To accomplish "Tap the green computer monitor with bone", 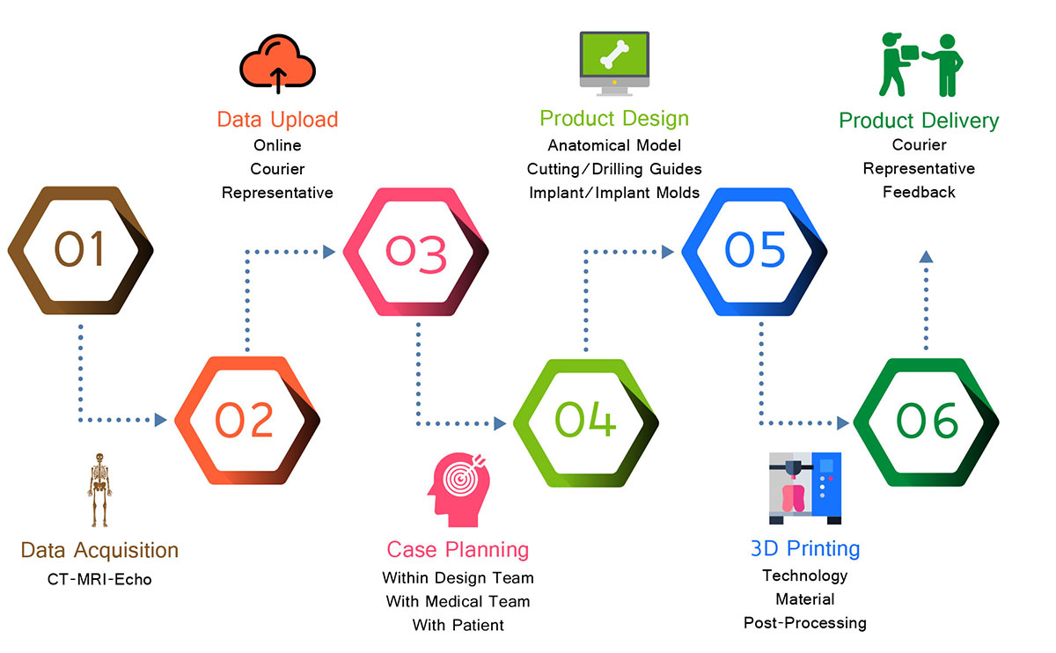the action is [x=614, y=63].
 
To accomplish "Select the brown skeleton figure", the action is [x=99, y=490].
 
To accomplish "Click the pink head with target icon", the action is [x=458, y=490].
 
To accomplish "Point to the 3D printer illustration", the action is [x=805, y=488].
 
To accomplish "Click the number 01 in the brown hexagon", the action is [x=79, y=249].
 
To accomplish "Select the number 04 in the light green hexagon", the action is [x=585, y=419].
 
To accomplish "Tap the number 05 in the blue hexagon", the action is [x=755, y=249].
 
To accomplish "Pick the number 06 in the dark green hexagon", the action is [x=927, y=420].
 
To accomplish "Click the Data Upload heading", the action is [x=278, y=120].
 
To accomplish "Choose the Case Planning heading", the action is [x=458, y=550].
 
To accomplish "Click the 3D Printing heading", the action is [x=805, y=549].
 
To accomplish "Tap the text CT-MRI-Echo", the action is [x=99, y=579].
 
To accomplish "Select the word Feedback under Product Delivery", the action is [x=919, y=192].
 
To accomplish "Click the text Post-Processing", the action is [x=805, y=623].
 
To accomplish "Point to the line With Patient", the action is [x=458, y=625].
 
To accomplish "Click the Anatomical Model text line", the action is [x=614, y=145].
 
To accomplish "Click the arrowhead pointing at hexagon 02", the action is [x=161, y=420].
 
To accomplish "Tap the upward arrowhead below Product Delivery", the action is [x=926, y=256].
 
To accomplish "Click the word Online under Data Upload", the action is [x=278, y=145].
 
